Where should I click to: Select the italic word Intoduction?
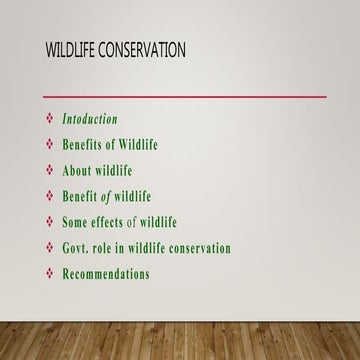[90, 119]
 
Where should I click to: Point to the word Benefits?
[84, 145]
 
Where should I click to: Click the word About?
[79, 170]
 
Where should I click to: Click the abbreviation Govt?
[77, 248]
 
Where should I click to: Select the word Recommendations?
[106, 273]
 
